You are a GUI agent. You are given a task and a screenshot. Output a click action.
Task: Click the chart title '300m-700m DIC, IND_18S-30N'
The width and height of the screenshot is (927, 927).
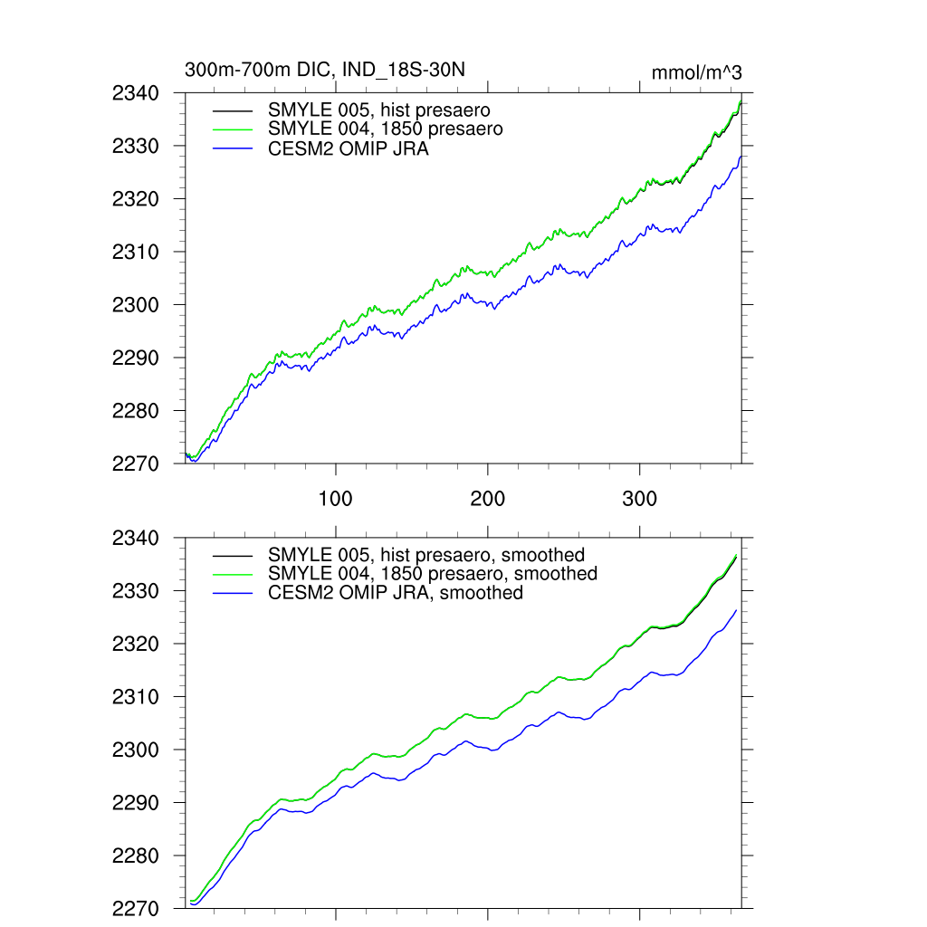(325, 70)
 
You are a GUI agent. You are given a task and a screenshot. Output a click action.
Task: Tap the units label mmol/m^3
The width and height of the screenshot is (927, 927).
(696, 73)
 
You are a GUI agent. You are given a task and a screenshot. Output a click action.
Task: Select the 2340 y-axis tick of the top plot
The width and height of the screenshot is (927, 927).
(136, 92)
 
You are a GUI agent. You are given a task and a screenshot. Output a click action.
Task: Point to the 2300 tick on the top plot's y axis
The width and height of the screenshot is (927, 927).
(136, 305)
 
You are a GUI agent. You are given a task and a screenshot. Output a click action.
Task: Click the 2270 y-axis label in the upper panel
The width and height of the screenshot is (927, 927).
(136, 463)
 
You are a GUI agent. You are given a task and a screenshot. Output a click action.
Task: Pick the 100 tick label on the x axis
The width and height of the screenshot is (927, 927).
(336, 499)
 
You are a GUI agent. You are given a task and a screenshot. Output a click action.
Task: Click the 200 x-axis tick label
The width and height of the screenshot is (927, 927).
(488, 499)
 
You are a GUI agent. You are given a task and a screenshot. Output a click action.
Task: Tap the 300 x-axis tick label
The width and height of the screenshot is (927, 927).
(640, 499)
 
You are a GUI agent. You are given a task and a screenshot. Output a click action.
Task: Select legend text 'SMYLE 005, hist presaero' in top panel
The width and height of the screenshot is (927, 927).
(379, 110)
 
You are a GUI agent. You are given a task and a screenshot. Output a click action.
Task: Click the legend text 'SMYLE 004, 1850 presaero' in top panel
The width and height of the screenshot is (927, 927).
(386, 129)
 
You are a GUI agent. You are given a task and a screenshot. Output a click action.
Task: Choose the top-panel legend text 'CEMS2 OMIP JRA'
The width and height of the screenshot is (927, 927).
(349, 149)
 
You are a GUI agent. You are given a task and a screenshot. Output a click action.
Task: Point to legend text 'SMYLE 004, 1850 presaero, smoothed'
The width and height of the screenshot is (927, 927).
(433, 574)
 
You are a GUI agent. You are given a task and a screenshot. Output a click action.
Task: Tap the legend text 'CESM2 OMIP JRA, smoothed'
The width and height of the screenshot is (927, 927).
(396, 593)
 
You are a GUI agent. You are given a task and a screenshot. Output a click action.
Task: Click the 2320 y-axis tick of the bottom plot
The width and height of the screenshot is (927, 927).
(136, 645)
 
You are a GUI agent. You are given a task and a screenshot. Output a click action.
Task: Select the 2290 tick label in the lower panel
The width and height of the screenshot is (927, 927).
(136, 803)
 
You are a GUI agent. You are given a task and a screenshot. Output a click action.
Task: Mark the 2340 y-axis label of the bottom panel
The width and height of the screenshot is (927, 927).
(136, 538)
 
